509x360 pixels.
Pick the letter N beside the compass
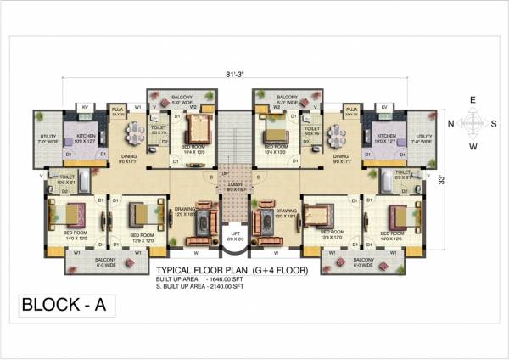pyautogui.click(x=449, y=122)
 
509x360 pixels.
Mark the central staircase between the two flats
pyautogui.click(x=233, y=140)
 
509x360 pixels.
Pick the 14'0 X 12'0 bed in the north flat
pyautogui.click(x=65, y=213)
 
